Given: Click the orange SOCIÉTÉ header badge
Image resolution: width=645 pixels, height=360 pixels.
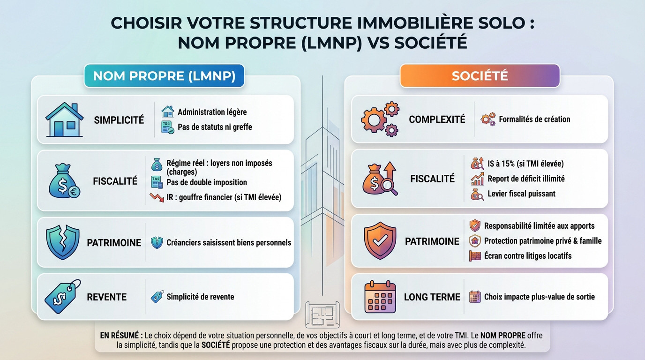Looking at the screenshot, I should [x=480, y=76].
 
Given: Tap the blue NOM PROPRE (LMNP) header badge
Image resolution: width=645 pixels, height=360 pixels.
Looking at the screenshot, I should [x=164, y=76].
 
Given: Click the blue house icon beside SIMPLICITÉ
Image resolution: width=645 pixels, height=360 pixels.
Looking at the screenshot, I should [x=65, y=120].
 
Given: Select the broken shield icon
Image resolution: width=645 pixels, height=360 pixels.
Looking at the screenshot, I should [x=63, y=242].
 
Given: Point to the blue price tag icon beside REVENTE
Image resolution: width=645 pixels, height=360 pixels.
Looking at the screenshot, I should [x=63, y=296].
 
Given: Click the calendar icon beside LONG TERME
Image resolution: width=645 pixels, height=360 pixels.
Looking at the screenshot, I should [x=380, y=297].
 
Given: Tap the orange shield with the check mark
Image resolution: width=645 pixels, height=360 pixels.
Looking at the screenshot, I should [x=380, y=241].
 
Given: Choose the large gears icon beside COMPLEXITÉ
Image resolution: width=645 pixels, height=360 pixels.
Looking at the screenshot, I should [x=380, y=119].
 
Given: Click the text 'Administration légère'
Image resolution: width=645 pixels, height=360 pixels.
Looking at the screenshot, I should [x=212, y=112].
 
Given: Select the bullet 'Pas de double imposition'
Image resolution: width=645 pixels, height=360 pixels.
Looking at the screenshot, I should [x=206, y=182].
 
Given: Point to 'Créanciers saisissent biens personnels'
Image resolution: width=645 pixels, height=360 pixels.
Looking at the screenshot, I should [x=229, y=243].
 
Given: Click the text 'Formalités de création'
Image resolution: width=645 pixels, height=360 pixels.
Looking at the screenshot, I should [x=534, y=119].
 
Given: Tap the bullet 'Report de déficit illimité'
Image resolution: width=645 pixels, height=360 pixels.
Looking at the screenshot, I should [x=526, y=179].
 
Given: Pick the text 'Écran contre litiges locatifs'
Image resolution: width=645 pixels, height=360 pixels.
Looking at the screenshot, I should [x=528, y=256].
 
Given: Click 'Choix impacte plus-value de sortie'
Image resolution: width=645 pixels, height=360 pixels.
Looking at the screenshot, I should [x=539, y=297].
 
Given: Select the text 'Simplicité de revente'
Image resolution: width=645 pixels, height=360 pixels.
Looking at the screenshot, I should [x=200, y=297].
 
